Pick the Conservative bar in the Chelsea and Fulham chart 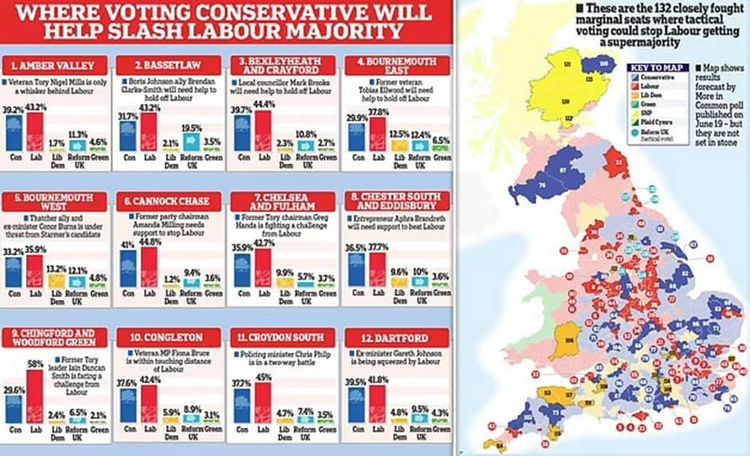coord(241,278)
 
